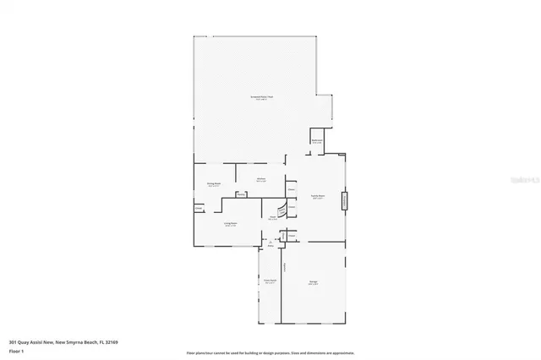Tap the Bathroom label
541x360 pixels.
[x=317, y=141]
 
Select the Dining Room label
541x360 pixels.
[x=213, y=183]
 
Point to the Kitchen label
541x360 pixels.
[x=262, y=180]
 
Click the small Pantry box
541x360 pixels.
[x=241, y=195]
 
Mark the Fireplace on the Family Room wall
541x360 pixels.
[x=344, y=202]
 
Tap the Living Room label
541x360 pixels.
[x=229, y=224]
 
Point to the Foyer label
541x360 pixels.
[x=273, y=218]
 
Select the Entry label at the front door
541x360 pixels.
[x=270, y=246]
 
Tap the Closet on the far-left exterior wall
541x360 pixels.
[x=199, y=208]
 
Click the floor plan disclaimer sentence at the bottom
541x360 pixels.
[x=270, y=353]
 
